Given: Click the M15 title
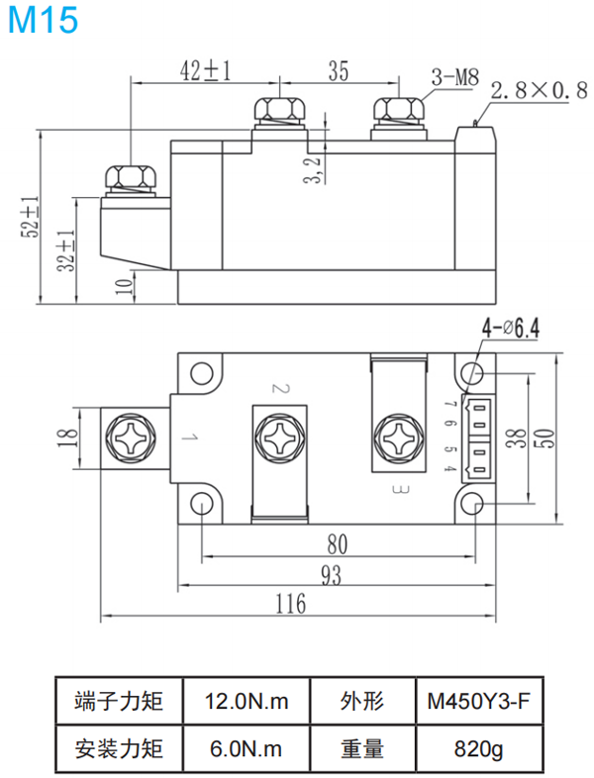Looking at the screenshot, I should tap(41, 21).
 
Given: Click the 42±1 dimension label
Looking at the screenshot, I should tap(206, 70).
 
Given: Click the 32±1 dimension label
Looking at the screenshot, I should tap(65, 251).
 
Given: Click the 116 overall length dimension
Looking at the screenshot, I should tap(289, 603).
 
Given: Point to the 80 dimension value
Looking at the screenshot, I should tap(338, 543).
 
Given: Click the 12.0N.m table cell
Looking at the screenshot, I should tap(247, 703).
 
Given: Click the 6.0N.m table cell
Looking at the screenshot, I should tap(247, 749).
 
